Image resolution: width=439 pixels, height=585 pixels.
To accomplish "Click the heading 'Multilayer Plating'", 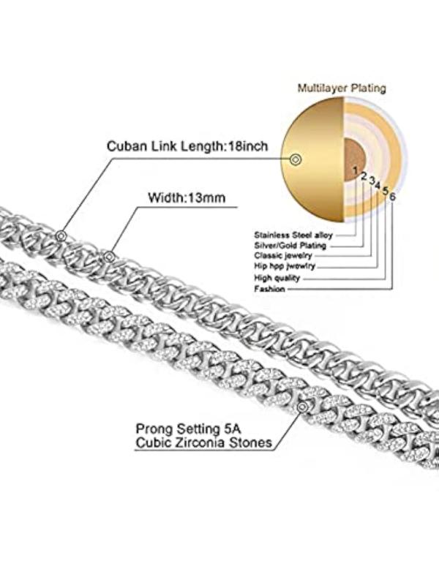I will [x=342, y=88].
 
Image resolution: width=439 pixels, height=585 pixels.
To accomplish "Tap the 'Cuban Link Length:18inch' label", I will [x=187, y=145].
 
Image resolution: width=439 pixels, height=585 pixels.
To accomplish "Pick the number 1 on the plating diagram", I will [x=356, y=171].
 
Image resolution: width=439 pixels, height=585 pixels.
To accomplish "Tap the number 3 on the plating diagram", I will [x=372, y=180].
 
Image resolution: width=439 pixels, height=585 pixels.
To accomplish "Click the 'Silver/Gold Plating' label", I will [x=290, y=246].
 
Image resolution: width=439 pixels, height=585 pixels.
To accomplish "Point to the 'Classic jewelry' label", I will [x=283, y=257].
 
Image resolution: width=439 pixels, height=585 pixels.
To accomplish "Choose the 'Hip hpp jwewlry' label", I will [x=285, y=267].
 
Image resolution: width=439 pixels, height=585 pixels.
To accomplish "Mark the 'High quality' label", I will [x=276, y=278].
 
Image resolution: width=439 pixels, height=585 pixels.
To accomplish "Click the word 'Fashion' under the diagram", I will [x=269, y=289].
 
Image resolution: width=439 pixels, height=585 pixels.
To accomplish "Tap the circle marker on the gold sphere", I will [x=296, y=159].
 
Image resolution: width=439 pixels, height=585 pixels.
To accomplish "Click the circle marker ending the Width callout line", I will [x=110, y=256].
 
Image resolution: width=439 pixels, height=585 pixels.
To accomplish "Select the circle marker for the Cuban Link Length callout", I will [x=61, y=235].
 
